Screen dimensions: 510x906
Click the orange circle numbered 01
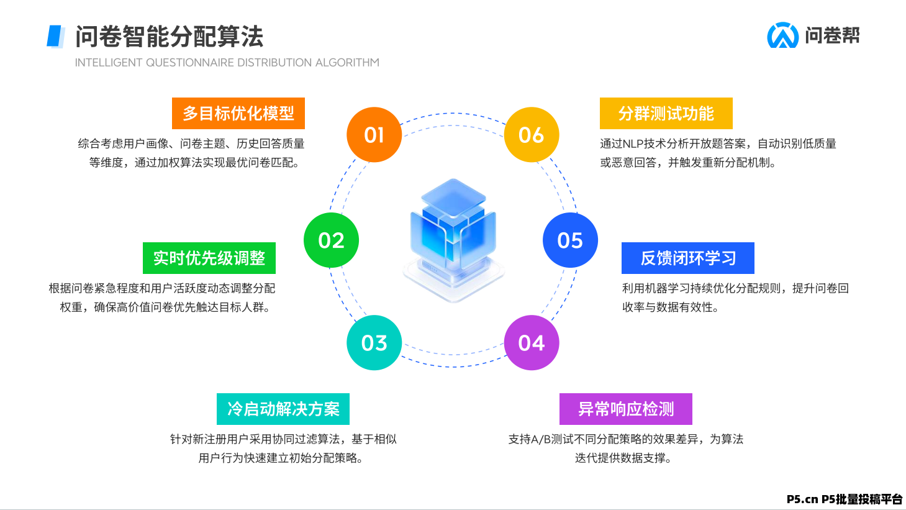pyautogui.click(x=374, y=135)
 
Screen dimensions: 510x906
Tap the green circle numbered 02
pyautogui.click(x=331, y=240)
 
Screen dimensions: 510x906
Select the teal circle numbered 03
pyautogui.click(x=374, y=343)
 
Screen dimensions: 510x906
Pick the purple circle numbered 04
pyautogui.click(x=532, y=343)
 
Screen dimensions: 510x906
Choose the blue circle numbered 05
pyautogui.click(x=570, y=240)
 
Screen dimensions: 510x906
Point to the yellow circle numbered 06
pyautogui.click(x=532, y=135)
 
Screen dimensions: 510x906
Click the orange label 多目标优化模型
pyautogui.click(x=238, y=114)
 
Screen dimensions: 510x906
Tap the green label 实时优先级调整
pyautogui.click(x=209, y=258)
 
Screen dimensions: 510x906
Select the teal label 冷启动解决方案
pyautogui.click(x=283, y=409)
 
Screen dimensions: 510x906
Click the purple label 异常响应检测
pyautogui.click(x=626, y=409)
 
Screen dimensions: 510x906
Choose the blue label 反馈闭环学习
pyautogui.click(x=688, y=258)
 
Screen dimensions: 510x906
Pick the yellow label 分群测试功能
pyautogui.click(x=666, y=114)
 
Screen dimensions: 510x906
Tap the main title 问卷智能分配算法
pyautogui.click(x=170, y=37)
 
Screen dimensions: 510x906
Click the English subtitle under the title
pyautogui.click(x=227, y=63)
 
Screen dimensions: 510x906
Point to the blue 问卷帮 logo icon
pyautogui.click(x=782, y=35)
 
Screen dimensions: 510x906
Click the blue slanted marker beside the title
pyautogui.click(x=56, y=36)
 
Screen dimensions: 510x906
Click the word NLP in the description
pyautogui.click(x=633, y=144)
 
